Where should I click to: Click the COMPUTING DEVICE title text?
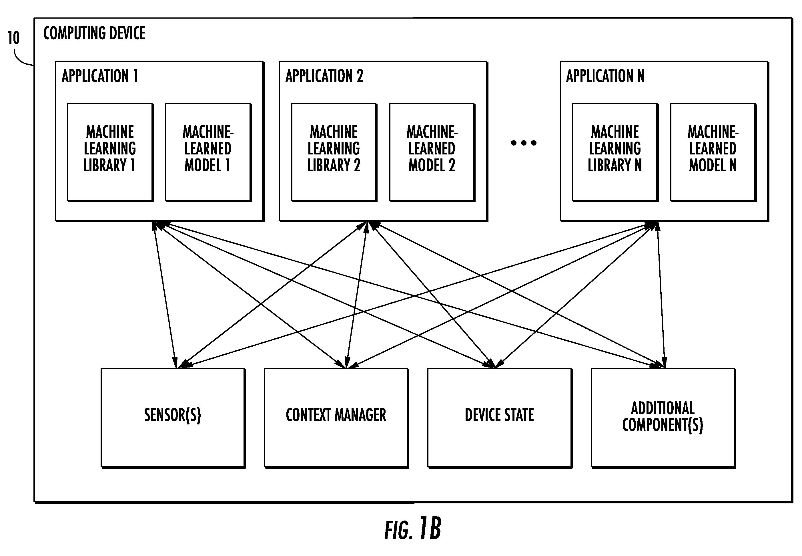pyautogui.click(x=94, y=33)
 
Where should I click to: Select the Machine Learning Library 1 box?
pyautogui.click(x=110, y=152)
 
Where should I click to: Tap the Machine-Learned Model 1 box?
pyautogui.click(x=208, y=152)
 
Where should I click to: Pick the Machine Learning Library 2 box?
pyautogui.click(x=334, y=152)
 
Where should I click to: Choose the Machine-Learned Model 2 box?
pyautogui.click(x=432, y=152)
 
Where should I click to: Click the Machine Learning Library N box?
pyautogui.click(x=615, y=152)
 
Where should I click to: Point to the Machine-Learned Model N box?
pyautogui.click(x=713, y=152)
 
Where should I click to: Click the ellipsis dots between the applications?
pyautogui.click(x=524, y=142)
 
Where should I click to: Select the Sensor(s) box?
pyautogui.click(x=173, y=418)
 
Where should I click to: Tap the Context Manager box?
pyautogui.click(x=336, y=418)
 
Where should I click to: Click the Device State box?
pyautogui.click(x=500, y=418)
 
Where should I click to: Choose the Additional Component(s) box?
pyautogui.click(x=663, y=418)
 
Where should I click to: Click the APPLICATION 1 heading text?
pyautogui.click(x=100, y=76)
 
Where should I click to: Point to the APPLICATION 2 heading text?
pyautogui.click(x=324, y=76)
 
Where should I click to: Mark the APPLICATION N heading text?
pyautogui.click(x=605, y=76)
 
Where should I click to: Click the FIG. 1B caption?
pyautogui.click(x=413, y=529)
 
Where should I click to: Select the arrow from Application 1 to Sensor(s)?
pyautogui.click(x=165, y=294)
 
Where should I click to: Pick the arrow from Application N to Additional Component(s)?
pyautogui.click(x=661, y=294)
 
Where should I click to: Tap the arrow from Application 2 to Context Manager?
pyautogui.click(x=357, y=294)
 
